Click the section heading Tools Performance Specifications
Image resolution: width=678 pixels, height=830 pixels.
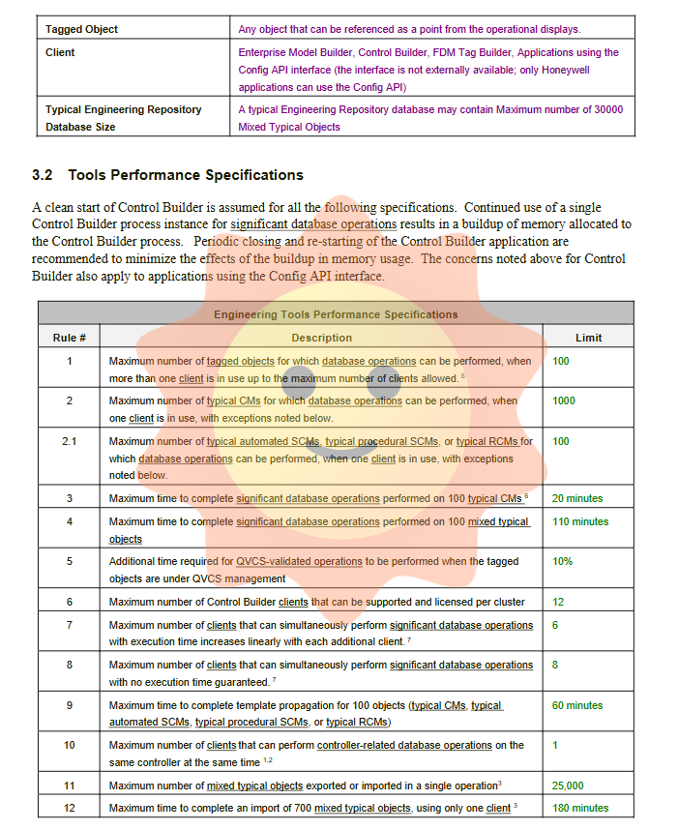185,175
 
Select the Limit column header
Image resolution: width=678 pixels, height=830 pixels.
588,338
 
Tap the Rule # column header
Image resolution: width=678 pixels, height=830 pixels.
70,338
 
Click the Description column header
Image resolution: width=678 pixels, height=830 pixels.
321,338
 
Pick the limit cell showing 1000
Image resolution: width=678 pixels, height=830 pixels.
563,400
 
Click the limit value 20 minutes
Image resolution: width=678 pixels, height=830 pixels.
576,498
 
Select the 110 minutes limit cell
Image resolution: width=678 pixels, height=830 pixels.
579,521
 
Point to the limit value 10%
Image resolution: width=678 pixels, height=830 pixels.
562,561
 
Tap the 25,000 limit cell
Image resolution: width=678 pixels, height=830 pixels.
567,786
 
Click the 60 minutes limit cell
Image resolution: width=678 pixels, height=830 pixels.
576,705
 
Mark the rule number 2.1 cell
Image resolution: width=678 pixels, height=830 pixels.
70,441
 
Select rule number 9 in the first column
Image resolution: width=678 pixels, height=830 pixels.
70,705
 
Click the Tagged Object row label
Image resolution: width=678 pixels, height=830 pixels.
81,29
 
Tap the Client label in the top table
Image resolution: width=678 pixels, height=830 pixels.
60,52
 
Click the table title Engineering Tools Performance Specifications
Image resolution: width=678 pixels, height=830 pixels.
336,314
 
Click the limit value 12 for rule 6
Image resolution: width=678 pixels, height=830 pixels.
558,602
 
